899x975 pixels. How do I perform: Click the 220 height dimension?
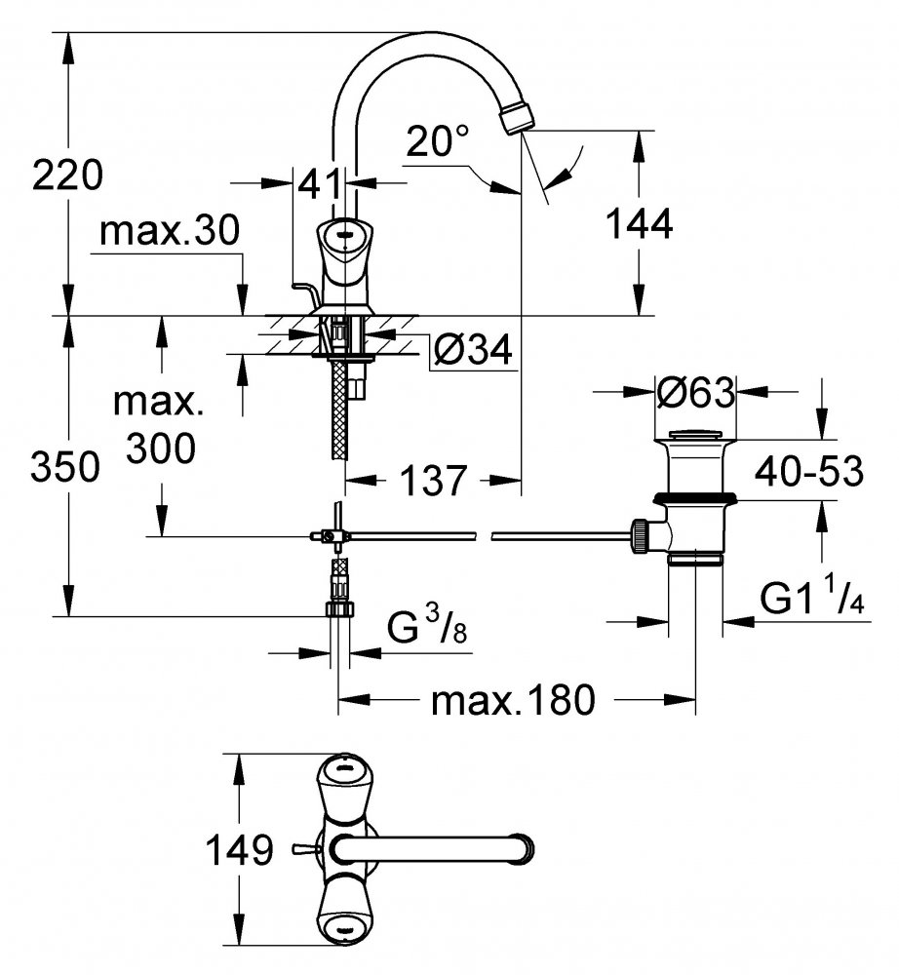coord(67,175)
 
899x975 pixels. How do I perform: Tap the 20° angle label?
coord(437,141)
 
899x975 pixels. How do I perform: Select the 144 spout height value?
coord(639,224)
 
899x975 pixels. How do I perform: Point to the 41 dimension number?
coord(320,183)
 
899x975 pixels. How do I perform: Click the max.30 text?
coord(169,230)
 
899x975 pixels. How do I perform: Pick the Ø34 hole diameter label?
coord(473,349)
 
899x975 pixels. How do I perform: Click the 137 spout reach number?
coord(433,480)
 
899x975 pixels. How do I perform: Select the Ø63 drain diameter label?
coord(695,392)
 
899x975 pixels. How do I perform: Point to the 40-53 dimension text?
coord(809,471)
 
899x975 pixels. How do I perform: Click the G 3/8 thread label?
coord(426,627)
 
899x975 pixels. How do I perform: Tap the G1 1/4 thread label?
coord(812,597)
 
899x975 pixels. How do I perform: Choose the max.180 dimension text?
coord(513,700)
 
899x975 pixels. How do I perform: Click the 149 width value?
coord(239,849)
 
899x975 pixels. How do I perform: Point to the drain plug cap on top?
coord(695,434)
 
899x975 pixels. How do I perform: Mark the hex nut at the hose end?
coord(339,607)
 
